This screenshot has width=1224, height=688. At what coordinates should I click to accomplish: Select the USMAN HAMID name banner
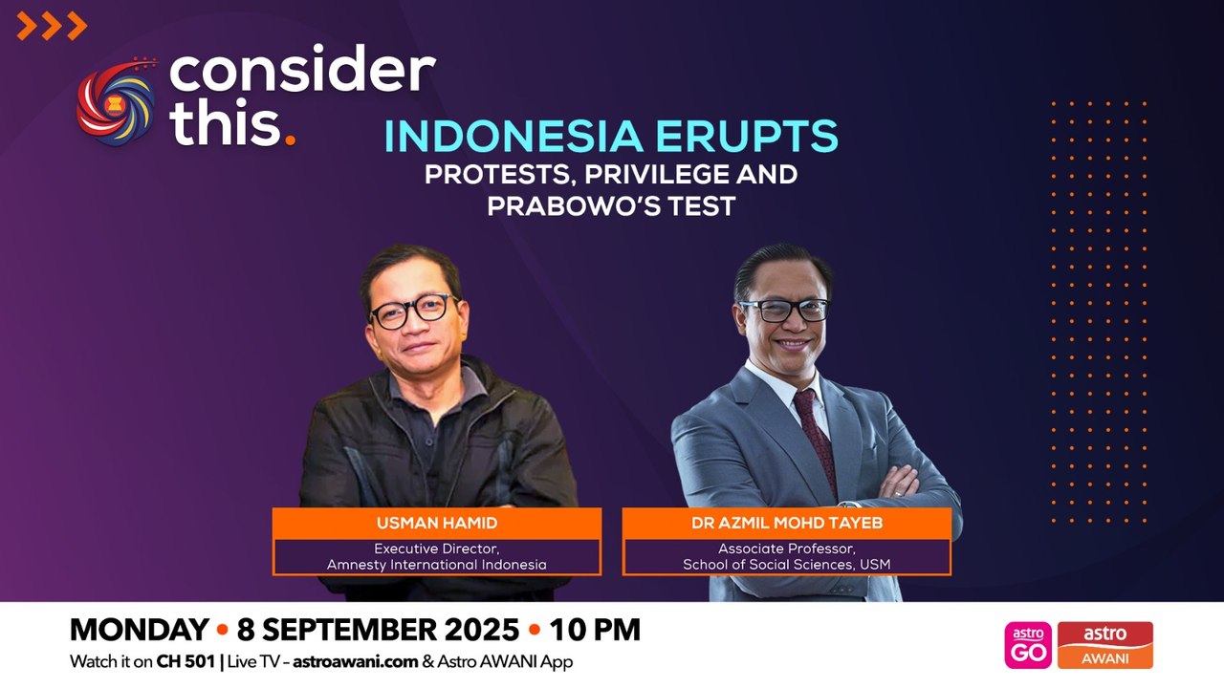tap(437, 524)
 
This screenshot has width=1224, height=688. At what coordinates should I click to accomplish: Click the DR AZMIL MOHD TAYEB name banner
tap(786, 524)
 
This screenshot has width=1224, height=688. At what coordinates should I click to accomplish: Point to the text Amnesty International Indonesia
tap(437, 565)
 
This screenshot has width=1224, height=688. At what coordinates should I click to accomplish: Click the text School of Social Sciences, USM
tap(786, 565)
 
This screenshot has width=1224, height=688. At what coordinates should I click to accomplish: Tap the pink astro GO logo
tap(1027, 645)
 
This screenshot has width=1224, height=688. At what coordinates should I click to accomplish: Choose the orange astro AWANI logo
tap(1104, 645)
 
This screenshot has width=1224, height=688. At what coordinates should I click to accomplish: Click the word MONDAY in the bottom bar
tap(139, 630)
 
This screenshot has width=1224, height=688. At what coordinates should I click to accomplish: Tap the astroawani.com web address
tap(357, 661)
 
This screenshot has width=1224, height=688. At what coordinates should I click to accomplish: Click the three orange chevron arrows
tap(52, 27)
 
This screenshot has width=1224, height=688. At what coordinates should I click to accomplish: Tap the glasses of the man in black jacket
tap(413, 311)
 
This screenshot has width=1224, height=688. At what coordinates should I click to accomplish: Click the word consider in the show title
tap(302, 73)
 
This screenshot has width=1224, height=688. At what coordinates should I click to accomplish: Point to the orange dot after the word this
tap(290, 140)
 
